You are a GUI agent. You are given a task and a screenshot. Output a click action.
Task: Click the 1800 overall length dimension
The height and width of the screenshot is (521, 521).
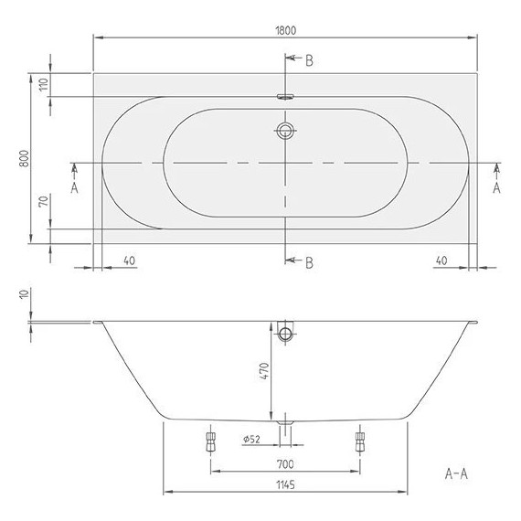tap(285, 30)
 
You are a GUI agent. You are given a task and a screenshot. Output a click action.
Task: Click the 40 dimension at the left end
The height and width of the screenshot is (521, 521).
tap(128, 260)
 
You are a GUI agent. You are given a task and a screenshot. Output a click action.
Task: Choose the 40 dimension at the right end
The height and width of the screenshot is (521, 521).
tap(441, 260)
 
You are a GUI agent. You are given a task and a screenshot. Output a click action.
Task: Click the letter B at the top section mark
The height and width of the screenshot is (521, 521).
tap(309, 60)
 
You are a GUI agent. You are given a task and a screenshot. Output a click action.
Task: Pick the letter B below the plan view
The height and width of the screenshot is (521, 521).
tap(309, 263)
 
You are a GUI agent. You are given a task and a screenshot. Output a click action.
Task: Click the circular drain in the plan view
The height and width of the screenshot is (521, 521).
tap(286, 130)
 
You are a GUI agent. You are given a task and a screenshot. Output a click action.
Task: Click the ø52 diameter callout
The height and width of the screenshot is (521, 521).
tap(252, 440)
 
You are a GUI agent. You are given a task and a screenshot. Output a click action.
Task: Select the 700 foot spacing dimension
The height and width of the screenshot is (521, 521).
tap(285, 464)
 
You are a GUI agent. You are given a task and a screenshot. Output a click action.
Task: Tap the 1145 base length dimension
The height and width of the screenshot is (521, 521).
tap(285, 485)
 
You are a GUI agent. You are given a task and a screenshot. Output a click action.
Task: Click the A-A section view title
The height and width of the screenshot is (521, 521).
tap(456, 473)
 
